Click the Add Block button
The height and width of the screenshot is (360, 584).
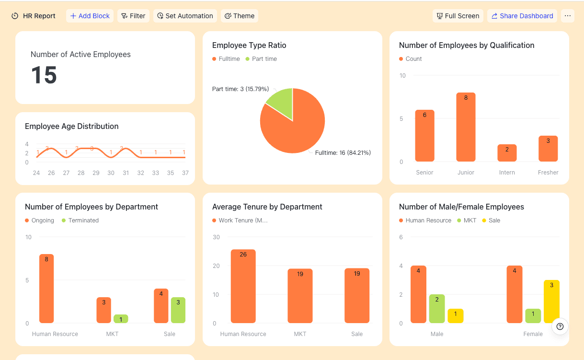tap(90, 16)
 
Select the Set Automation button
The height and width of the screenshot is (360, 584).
tap(185, 16)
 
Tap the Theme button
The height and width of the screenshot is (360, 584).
tap(240, 16)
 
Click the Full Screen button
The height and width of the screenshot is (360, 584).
tap(458, 16)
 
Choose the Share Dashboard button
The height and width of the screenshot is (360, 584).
tap(522, 16)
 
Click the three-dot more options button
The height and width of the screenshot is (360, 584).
tap(568, 16)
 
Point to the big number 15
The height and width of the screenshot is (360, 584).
tap(44, 75)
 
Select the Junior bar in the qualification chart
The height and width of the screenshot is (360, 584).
tap(466, 127)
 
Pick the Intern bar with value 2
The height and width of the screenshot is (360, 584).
tap(507, 153)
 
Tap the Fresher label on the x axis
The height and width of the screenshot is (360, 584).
tap(548, 173)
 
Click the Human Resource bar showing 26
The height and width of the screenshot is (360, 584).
tap(243, 286)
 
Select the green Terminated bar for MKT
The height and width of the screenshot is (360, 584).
tap(121, 319)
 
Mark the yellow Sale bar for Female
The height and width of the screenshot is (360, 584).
tap(551, 302)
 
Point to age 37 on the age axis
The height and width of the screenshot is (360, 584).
tap(185, 173)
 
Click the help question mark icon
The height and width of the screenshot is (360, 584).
tap(560, 326)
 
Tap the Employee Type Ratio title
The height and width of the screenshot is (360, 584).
tap(249, 46)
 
